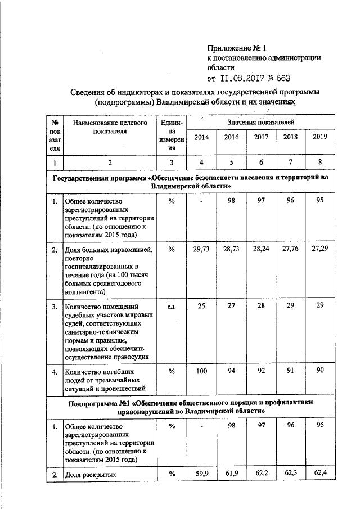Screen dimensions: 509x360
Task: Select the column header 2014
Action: [x=200, y=137]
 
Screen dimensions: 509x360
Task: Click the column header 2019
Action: [x=319, y=137]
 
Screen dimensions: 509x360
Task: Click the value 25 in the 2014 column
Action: [x=200, y=307]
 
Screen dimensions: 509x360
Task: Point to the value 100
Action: [x=200, y=371]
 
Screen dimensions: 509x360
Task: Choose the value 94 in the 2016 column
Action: [x=230, y=371]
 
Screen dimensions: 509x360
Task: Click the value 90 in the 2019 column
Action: [x=319, y=371]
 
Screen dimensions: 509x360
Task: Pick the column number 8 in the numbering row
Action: [x=319, y=163]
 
